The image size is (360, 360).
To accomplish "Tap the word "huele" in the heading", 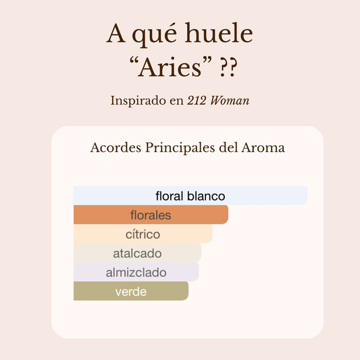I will [x=220, y=34].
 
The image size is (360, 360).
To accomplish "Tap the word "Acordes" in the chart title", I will [x=115, y=148].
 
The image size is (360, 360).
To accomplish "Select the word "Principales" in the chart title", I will [x=178, y=148].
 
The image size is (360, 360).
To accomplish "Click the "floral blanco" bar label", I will [x=190, y=196].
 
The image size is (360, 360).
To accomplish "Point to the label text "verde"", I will [x=131, y=292].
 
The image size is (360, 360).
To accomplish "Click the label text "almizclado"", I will [x=136, y=273].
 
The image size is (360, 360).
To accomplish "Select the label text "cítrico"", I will [x=143, y=234].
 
